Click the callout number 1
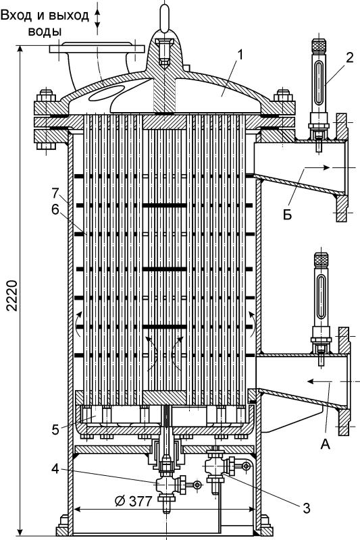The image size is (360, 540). pos(240,55)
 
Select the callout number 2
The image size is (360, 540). pos(349,57)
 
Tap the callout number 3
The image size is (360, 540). pos(306,508)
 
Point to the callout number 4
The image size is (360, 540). pos(55,468)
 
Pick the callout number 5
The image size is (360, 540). pos(55,430)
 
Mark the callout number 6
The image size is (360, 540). pos(55,210)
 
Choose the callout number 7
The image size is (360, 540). pos(56,193)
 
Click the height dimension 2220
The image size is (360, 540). pos(12,296)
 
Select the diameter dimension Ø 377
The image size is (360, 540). pos(132,501)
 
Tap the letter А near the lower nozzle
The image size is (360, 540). pos(325,444)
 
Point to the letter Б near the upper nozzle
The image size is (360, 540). pos(288,214)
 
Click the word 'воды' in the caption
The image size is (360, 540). pos(45,31)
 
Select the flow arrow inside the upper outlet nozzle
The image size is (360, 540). pos(317,167)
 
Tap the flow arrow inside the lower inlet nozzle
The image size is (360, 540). pos(320,381)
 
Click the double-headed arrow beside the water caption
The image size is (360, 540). pos(97,18)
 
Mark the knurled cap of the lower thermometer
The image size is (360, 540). pos(321,259)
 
